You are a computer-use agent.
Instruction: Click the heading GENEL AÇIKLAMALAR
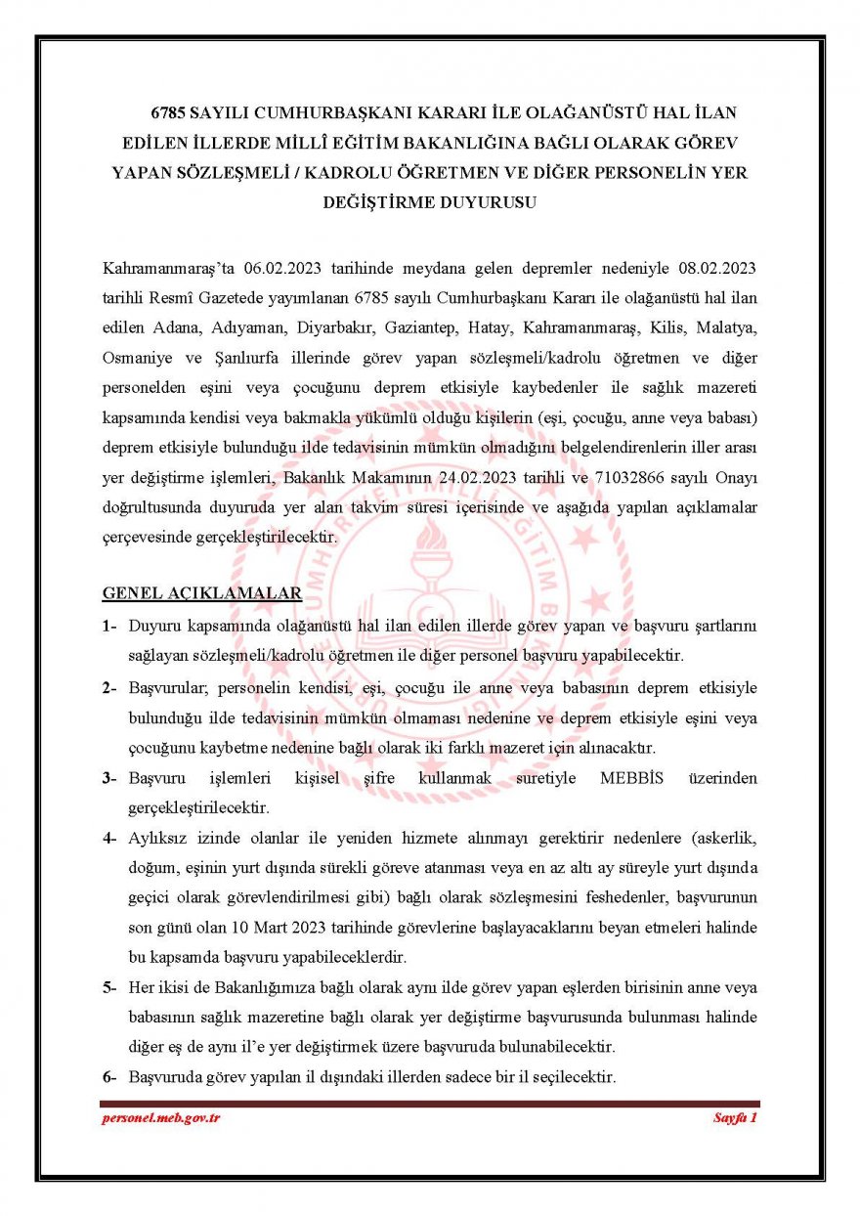(x=201, y=594)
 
